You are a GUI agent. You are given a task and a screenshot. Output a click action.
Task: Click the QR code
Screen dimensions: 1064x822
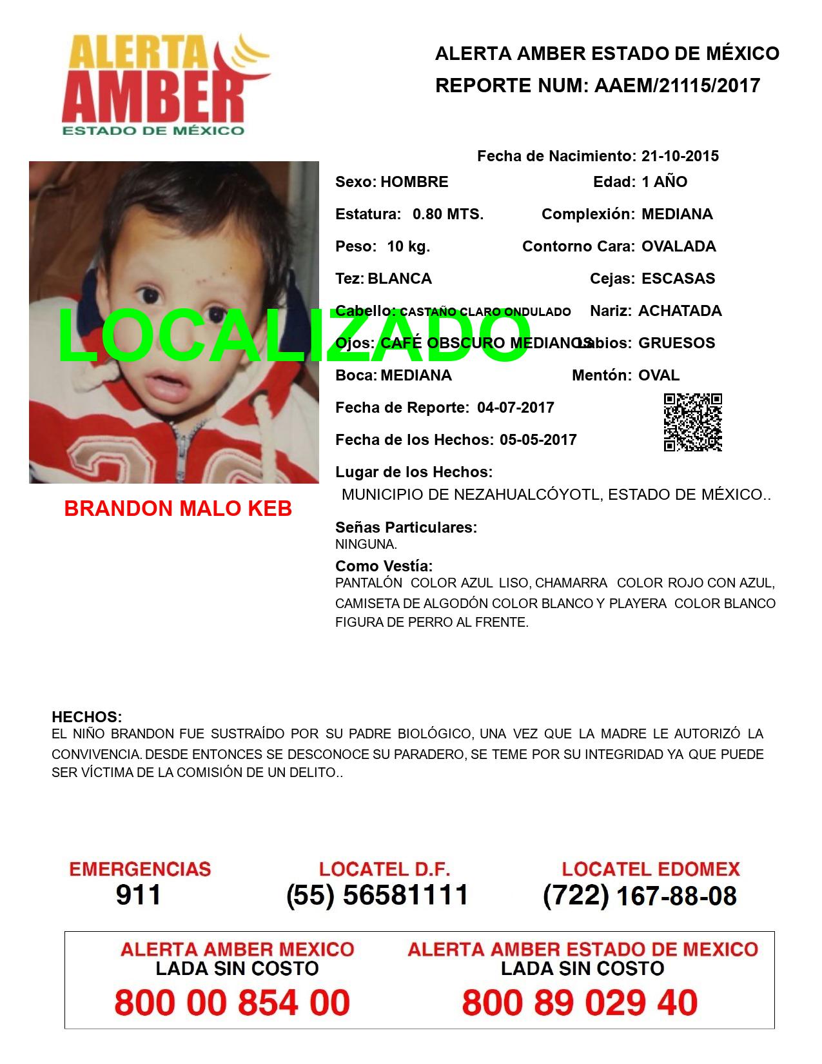pos(693,422)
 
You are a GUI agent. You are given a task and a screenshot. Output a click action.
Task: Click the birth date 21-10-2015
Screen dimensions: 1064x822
pos(680,156)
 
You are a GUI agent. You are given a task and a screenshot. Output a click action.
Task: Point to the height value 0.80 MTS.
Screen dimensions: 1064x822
pos(448,214)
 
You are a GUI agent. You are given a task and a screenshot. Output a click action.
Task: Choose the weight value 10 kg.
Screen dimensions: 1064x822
pos(409,246)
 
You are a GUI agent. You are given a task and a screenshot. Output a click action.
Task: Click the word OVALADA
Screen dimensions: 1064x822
pos(679,246)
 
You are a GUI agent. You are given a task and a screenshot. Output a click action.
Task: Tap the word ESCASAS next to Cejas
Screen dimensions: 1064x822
pos(678,279)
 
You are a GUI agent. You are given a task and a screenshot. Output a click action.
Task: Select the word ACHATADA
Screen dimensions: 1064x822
pos(680,311)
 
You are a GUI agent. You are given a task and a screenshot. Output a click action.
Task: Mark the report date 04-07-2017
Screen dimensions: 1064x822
pos(516,408)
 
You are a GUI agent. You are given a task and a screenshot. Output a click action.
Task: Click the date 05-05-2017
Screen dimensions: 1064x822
pos(538,440)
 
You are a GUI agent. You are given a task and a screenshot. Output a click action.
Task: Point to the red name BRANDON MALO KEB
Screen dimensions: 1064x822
pos(178,509)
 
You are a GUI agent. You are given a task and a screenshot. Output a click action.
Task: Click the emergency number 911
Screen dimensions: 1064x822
pos(139,895)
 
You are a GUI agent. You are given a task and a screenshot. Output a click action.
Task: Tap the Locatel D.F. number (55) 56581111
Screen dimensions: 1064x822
pos(378,895)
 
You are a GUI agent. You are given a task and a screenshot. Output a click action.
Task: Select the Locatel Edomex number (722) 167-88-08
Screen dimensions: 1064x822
pos(640,895)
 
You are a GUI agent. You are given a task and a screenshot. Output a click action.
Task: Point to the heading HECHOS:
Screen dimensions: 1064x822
pos(86,717)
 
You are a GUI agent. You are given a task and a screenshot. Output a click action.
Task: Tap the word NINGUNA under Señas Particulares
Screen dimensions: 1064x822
pos(366,544)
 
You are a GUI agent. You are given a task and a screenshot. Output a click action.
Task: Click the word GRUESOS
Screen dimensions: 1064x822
pos(677,343)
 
